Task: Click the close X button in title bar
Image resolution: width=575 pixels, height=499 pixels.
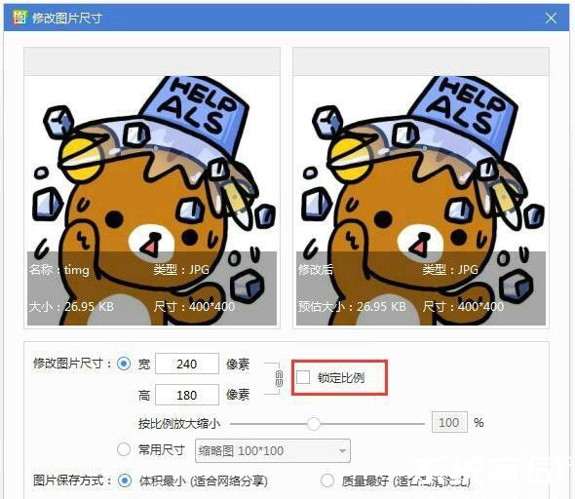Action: [x=552, y=19]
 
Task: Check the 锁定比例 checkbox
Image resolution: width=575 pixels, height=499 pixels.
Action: [x=303, y=377]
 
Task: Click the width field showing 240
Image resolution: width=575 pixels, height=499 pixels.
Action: [x=186, y=364]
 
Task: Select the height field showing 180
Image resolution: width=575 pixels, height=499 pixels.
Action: [x=186, y=395]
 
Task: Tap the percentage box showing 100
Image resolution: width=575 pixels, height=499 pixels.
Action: [x=448, y=423]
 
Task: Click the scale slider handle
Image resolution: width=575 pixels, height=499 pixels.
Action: [x=314, y=423]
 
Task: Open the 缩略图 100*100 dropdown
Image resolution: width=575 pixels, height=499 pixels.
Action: [x=273, y=450]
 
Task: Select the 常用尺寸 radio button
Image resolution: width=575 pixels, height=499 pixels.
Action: [x=123, y=450]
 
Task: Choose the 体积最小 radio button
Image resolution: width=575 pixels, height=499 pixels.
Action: [x=123, y=480]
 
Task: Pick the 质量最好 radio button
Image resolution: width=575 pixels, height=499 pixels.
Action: [x=326, y=480]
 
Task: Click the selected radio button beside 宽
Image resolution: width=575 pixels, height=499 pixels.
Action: [x=123, y=364]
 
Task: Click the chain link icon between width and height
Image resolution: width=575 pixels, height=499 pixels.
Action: [x=279, y=379]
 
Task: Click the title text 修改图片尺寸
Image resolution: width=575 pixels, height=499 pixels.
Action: [x=67, y=19]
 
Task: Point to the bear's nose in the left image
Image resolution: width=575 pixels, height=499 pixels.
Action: [x=149, y=242]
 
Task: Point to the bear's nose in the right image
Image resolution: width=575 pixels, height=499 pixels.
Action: [x=418, y=242]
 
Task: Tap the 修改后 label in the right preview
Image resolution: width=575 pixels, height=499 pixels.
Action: [x=316, y=269]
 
